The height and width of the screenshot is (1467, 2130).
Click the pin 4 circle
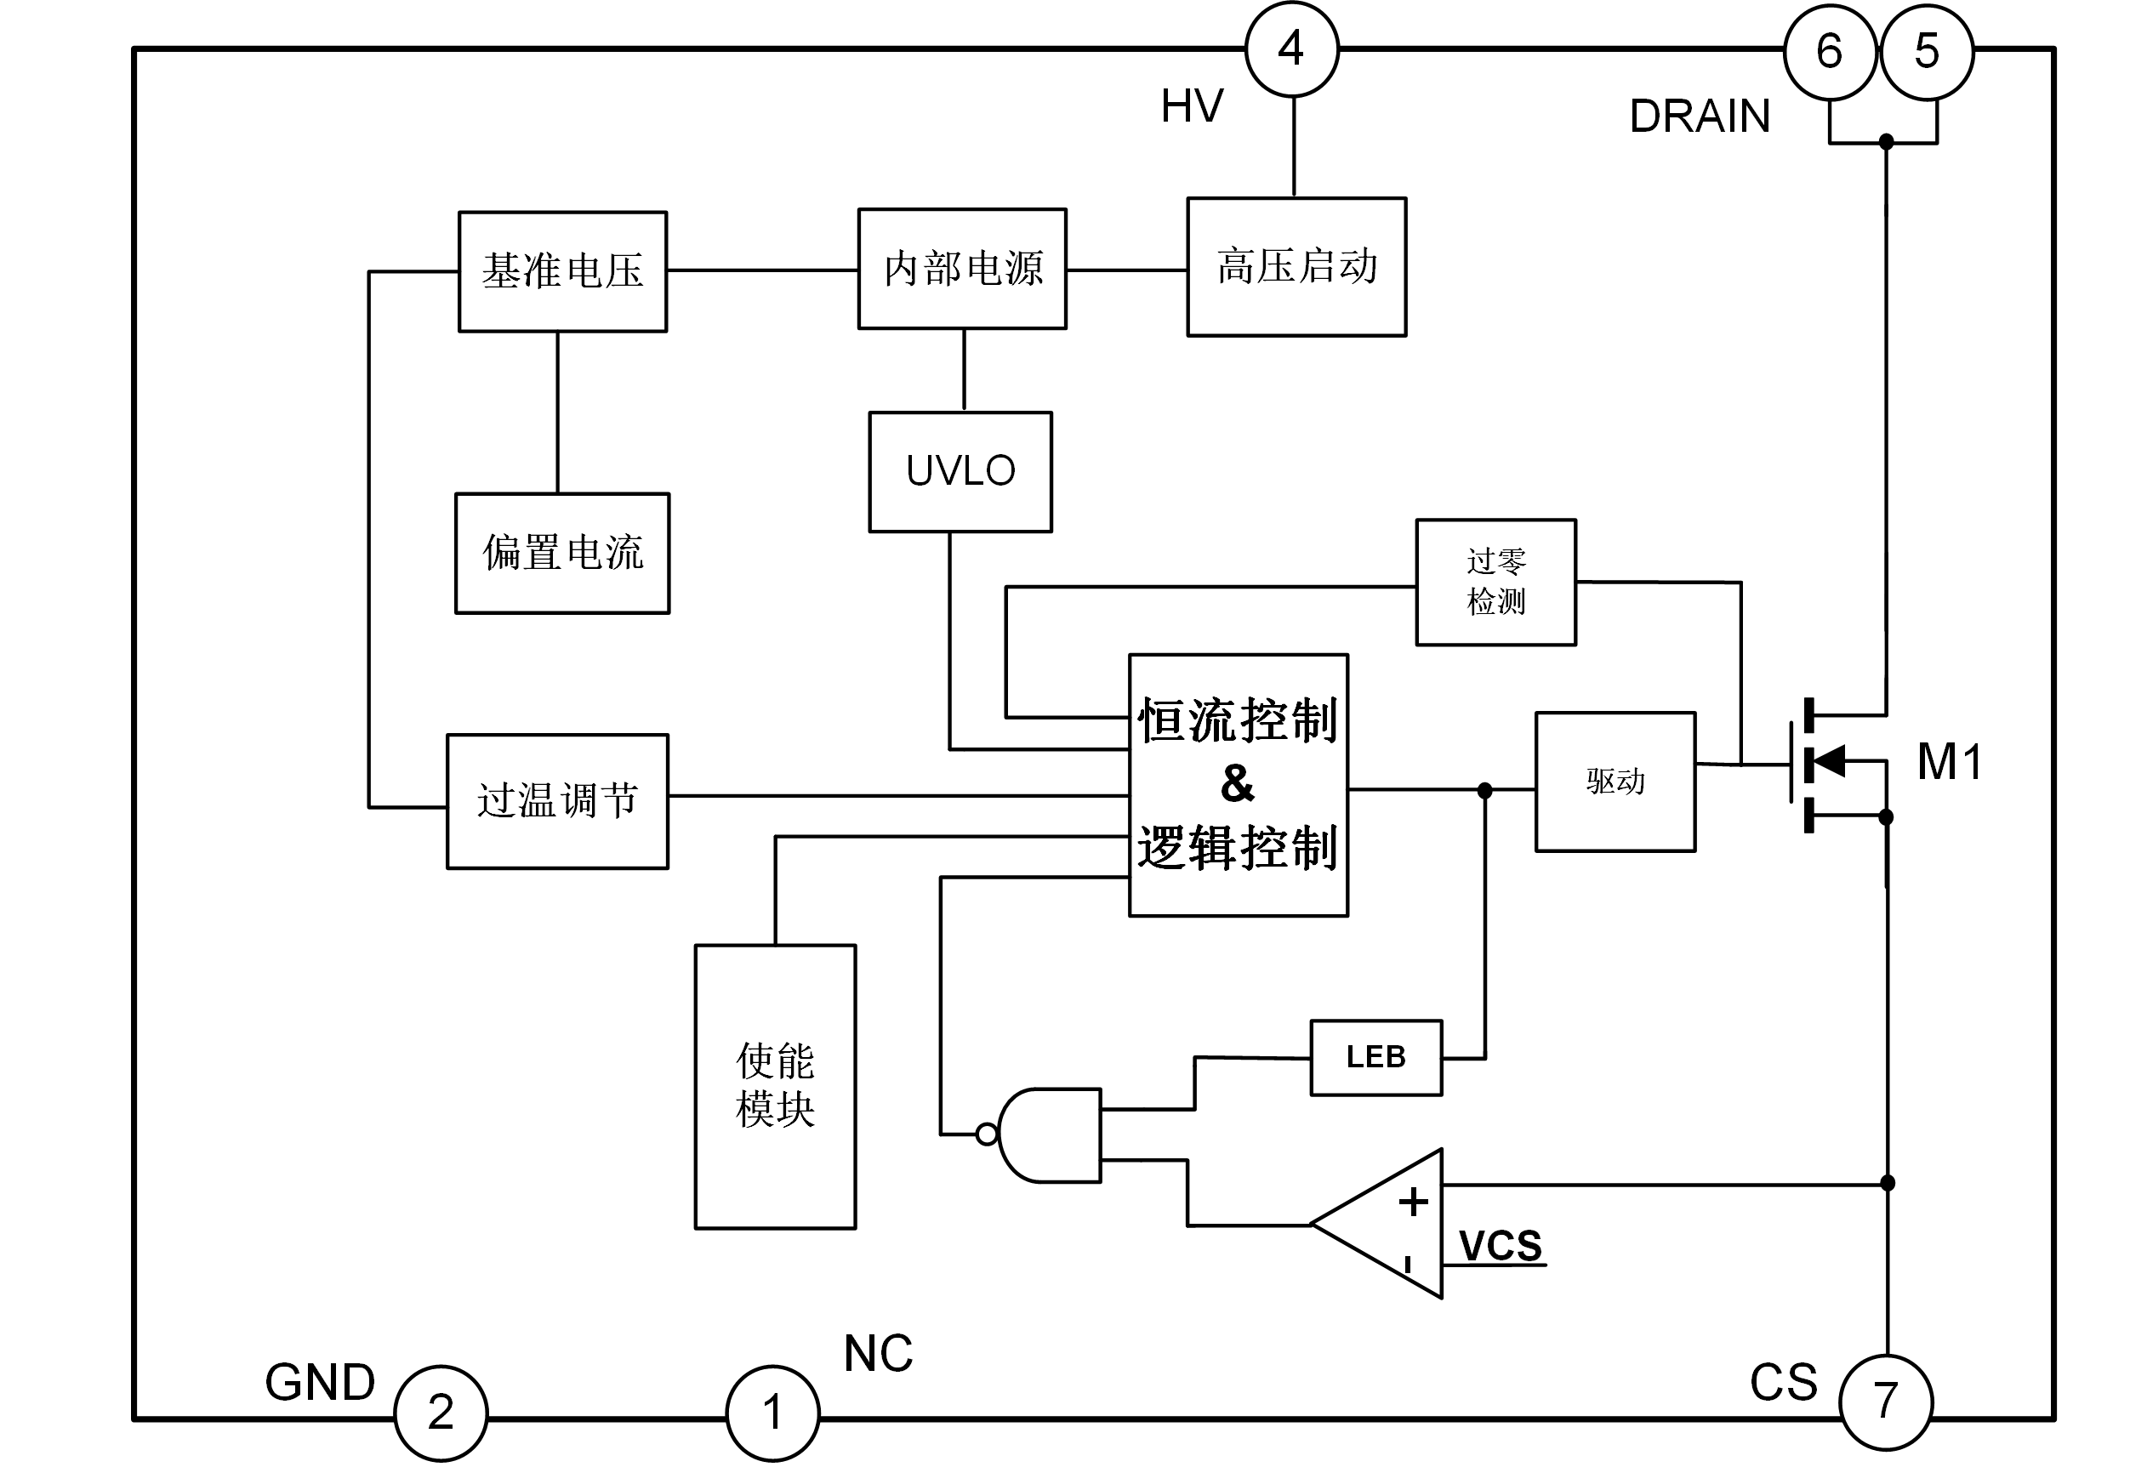[x=1291, y=49]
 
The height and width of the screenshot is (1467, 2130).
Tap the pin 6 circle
[x=1830, y=53]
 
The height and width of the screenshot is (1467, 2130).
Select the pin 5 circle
[x=1927, y=53]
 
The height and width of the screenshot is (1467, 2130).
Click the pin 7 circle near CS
[x=1887, y=1402]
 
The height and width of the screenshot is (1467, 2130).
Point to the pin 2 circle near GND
[x=441, y=1413]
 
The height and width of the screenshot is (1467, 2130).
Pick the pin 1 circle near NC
[x=772, y=1413]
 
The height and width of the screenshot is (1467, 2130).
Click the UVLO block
[x=960, y=471]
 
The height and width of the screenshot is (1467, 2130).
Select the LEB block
[x=1375, y=1058]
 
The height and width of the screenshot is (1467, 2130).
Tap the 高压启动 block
[x=1296, y=266]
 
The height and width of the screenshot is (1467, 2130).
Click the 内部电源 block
[x=963, y=269]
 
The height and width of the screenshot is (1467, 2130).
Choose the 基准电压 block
[x=562, y=271]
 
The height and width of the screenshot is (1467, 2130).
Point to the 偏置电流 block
[x=562, y=554]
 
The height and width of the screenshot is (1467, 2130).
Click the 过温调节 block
[x=557, y=800]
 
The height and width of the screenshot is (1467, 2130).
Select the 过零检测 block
[x=1495, y=582]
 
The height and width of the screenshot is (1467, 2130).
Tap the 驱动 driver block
[x=1615, y=782]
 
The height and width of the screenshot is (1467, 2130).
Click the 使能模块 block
[x=775, y=1087]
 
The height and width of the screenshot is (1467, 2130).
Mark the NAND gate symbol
[x=1048, y=1135]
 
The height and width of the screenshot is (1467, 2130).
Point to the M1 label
[x=1949, y=762]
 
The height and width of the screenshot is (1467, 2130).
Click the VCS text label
[x=1501, y=1247]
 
